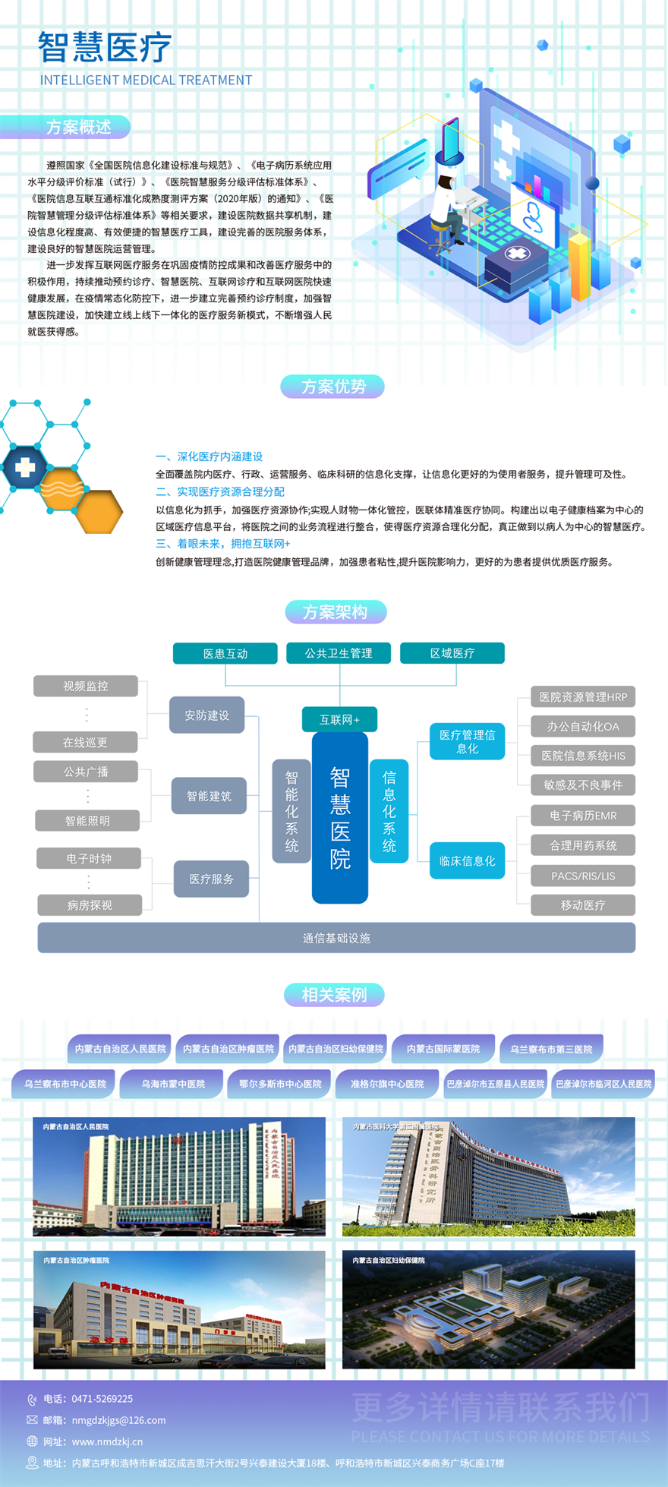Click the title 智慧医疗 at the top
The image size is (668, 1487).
click(105, 47)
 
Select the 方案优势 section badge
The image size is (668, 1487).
click(332, 387)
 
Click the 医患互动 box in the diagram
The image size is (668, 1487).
click(225, 653)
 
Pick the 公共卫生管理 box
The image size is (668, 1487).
click(339, 653)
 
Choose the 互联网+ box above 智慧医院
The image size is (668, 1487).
click(339, 719)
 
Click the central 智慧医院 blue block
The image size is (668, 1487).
click(340, 817)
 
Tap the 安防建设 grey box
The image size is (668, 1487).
click(206, 715)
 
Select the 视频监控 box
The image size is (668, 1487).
click(86, 686)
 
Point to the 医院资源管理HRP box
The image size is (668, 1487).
click(583, 696)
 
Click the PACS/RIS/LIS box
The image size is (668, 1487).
click(583, 876)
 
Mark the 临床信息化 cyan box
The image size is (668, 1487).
click(467, 860)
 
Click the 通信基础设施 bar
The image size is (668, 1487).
click(336, 938)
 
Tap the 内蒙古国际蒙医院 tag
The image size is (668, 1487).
click(443, 1049)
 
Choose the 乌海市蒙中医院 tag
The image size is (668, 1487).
click(173, 1084)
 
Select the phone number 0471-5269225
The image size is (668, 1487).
click(102, 1398)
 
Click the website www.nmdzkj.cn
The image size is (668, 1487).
click(107, 1441)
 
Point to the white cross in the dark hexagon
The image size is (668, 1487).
click(25, 467)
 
